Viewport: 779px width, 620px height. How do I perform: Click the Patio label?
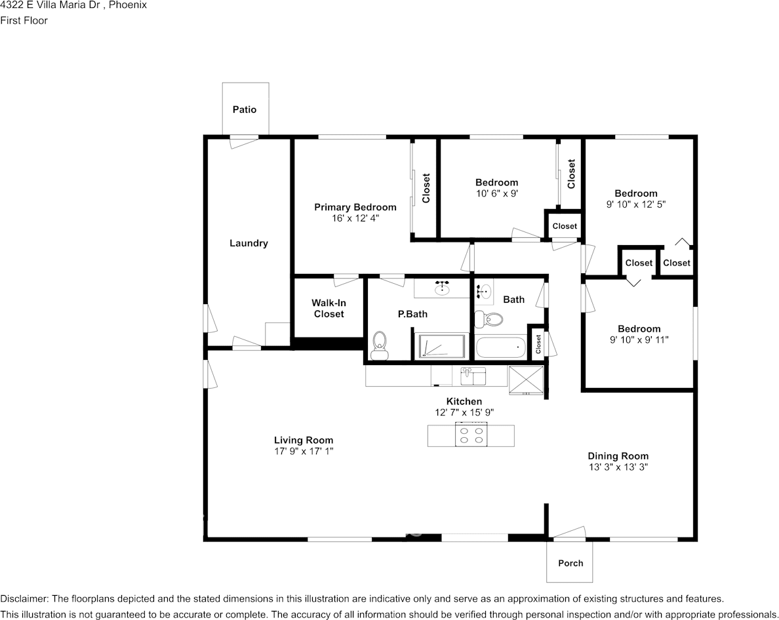click(x=245, y=109)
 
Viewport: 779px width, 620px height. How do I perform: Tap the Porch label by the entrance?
click(x=570, y=563)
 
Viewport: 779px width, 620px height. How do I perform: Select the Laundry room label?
click(x=249, y=243)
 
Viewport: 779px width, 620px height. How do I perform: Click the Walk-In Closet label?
click(x=329, y=309)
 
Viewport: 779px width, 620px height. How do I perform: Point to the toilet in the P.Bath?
click(x=379, y=346)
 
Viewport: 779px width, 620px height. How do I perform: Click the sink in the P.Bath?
click(x=441, y=287)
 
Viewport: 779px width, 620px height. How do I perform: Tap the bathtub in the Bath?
click(x=500, y=347)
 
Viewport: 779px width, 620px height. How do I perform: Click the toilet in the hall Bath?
click(x=488, y=320)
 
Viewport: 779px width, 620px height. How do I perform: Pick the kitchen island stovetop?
click(x=471, y=436)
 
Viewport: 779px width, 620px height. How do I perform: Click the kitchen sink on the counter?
click(x=473, y=377)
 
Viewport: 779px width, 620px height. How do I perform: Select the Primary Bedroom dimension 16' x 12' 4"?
click(x=355, y=218)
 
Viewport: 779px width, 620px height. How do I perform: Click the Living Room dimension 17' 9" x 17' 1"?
click(x=304, y=452)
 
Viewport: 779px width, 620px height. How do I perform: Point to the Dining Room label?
click(x=618, y=456)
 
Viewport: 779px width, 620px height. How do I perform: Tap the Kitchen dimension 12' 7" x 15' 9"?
click(x=464, y=413)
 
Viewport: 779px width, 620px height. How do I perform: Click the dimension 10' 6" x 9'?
click(x=496, y=193)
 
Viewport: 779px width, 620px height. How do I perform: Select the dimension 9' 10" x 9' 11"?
click(x=639, y=340)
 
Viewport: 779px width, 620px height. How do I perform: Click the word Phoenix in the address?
click(x=128, y=5)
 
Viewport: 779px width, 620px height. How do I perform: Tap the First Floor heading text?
click(x=24, y=20)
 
